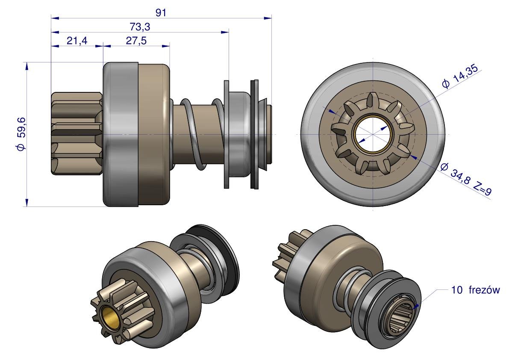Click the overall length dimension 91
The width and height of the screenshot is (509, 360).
[161, 12]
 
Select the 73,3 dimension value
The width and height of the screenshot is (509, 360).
[140, 27]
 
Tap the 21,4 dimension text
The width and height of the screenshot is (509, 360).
[77, 41]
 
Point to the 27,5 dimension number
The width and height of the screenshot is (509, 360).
[136, 41]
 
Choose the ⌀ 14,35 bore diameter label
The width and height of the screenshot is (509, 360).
[460, 76]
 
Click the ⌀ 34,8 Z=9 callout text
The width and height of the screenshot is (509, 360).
[466, 179]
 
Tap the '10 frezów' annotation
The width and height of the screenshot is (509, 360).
[475, 289]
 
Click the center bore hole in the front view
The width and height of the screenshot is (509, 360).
[373, 134]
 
